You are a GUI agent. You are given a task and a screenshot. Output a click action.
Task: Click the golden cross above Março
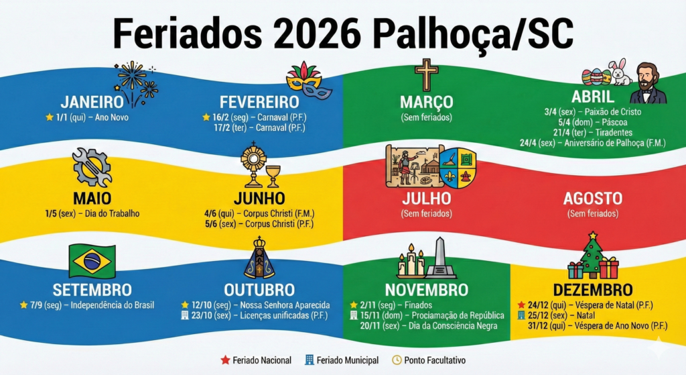426,74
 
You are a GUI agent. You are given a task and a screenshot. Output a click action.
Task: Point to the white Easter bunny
620,72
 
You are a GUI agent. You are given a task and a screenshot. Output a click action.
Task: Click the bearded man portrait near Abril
648,83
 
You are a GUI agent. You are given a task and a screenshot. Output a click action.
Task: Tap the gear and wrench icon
92,167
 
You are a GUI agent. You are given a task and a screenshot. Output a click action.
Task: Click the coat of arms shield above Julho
458,168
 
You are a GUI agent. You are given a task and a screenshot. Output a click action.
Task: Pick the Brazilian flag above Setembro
92,261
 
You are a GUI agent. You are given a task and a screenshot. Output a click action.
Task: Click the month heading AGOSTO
593,199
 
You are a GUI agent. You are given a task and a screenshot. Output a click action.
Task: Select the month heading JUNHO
259,199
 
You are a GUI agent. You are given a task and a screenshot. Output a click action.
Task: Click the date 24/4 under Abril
528,143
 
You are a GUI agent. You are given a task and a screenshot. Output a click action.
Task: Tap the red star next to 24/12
521,305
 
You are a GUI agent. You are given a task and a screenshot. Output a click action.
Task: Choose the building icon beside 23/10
185,315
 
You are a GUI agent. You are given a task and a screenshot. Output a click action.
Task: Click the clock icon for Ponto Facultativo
397,360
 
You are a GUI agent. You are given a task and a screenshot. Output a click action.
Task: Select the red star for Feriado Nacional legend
225,360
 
